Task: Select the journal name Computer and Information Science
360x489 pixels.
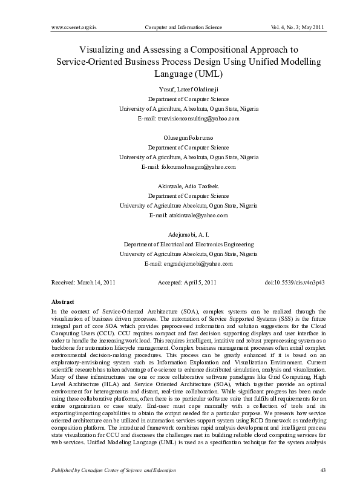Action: coord(180,27)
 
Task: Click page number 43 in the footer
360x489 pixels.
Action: coord(321,469)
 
